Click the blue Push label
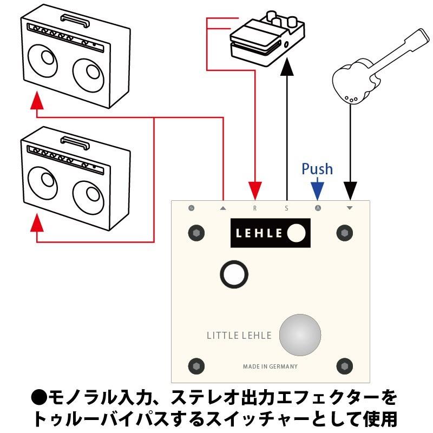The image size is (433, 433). pyautogui.click(x=317, y=169)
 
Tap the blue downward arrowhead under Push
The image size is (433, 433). pyautogui.click(x=317, y=190)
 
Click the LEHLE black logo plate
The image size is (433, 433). pyautogui.click(x=270, y=233)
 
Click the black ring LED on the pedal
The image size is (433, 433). pyautogui.click(x=233, y=274)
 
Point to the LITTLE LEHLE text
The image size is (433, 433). pyautogui.click(x=239, y=335)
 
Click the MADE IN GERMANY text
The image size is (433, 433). pyautogui.click(x=270, y=366)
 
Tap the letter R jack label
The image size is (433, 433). pyautogui.click(x=255, y=208)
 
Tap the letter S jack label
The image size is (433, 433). pyautogui.click(x=286, y=208)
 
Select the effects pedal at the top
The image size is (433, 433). pyautogui.click(x=265, y=41)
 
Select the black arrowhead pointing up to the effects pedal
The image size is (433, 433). pyautogui.click(x=286, y=69)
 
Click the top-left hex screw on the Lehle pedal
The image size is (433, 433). pyautogui.click(x=196, y=233)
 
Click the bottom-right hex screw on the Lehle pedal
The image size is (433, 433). pyautogui.click(x=344, y=364)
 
